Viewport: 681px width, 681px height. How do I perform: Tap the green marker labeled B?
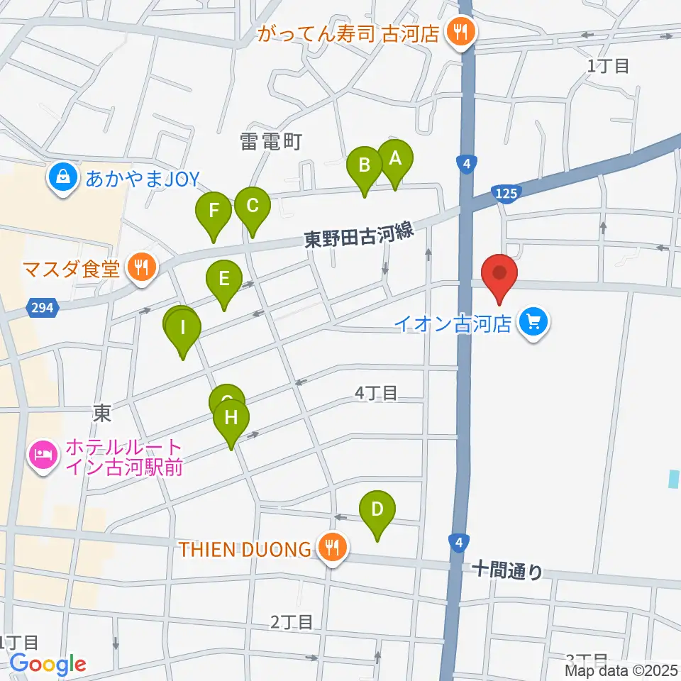click(365, 166)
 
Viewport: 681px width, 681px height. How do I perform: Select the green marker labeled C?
click(252, 206)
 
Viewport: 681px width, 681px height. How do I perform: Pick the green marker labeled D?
click(377, 510)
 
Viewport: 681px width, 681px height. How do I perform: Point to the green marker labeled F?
click(213, 211)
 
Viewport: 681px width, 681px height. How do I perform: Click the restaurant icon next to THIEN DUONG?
click(331, 548)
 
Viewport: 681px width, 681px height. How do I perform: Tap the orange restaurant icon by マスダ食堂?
click(142, 267)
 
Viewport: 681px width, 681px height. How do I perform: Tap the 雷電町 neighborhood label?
click(271, 142)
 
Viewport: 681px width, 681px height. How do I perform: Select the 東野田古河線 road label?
click(358, 238)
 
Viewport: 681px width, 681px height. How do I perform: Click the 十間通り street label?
click(508, 570)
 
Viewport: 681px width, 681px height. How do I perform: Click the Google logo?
click(48, 665)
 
